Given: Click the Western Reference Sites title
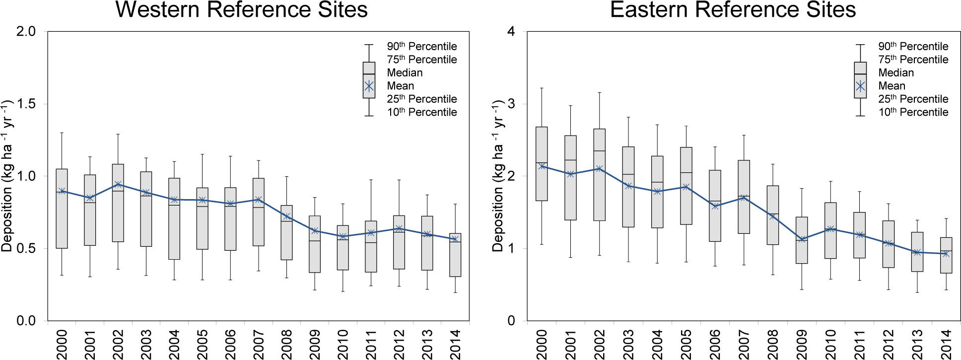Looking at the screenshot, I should [242, 10].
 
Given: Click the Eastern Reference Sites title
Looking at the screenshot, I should [733, 10].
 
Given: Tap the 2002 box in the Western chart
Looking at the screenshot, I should [118, 203].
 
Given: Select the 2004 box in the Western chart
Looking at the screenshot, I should [174, 218].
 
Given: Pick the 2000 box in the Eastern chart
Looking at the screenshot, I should [542, 164].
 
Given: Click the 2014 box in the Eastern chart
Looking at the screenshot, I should [946, 255].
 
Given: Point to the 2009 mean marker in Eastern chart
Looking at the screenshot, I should [802, 239].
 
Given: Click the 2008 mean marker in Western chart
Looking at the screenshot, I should [286, 216].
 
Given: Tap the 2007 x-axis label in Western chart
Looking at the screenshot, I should [259, 344].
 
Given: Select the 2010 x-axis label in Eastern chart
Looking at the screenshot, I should [830, 344].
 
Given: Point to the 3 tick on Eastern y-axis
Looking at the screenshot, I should [511, 104].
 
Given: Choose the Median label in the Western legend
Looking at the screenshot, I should [405, 73].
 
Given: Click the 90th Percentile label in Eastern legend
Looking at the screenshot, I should [913, 47].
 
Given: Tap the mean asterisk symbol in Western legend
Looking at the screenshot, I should [369, 86].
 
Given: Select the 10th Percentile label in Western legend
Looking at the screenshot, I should [422, 112].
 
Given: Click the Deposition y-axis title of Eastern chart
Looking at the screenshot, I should [497, 176].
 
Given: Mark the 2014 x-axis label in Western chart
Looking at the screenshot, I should [456, 344].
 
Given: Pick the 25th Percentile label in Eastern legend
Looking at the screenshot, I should [913, 99].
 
